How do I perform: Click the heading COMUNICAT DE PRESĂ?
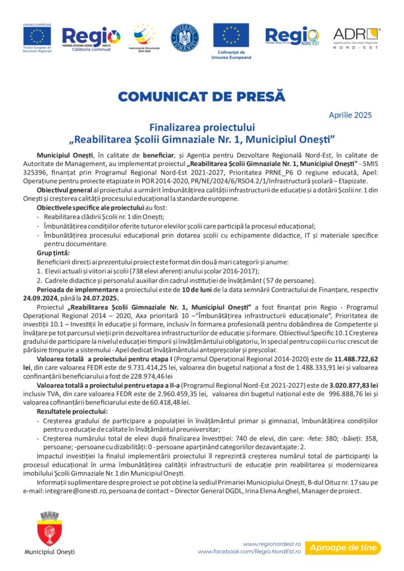(x=202, y=96)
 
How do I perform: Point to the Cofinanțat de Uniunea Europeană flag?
(x=231, y=36)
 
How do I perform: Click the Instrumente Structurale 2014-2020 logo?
(x=144, y=37)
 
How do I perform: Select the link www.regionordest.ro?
(x=272, y=543)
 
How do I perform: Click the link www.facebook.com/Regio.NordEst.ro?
(x=250, y=551)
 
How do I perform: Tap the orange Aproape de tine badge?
(x=343, y=547)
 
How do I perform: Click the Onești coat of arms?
(x=49, y=527)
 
